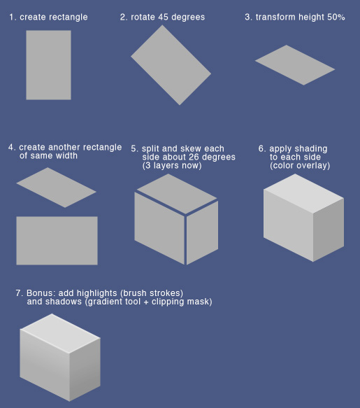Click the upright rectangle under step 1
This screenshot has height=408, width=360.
point(48,64)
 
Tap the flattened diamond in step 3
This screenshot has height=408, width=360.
point(294,64)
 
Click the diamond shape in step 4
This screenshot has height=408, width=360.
point(56,187)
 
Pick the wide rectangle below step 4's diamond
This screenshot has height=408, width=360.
point(57,240)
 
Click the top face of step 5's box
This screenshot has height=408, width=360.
point(176,189)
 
